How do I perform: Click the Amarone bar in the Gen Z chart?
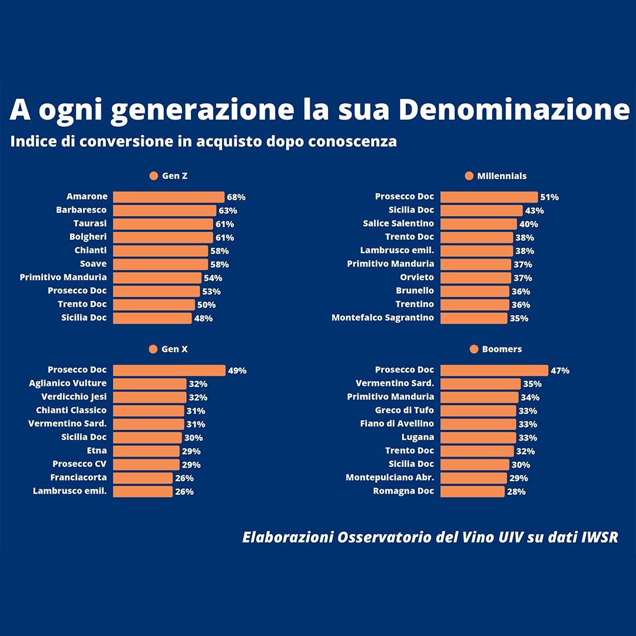click(168, 197)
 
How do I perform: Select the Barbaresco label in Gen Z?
click(81, 210)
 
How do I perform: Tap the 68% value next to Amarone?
click(236, 197)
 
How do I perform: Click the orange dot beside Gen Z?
click(154, 176)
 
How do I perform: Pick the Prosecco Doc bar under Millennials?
click(489, 197)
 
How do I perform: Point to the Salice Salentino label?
click(398, 224)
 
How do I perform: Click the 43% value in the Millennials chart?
click(534, 211)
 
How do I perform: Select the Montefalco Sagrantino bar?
click(473, 318)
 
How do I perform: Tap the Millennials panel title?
click(502, 176)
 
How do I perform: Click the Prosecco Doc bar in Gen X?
click(169, 370)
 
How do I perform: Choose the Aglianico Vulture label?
click(68, 383)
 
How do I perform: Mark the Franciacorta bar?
click(143, 478)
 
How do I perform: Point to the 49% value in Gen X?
click(237, 371)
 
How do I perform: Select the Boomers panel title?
click(502, 349)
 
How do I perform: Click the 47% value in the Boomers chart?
click(560, 371)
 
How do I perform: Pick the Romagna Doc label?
click(403, 491)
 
